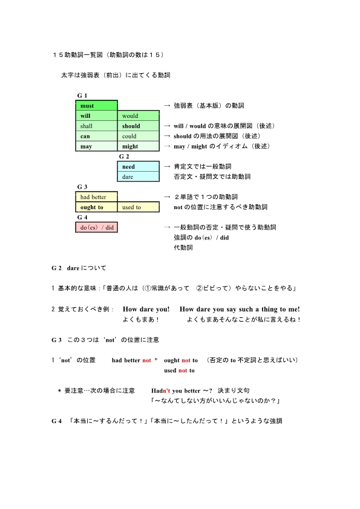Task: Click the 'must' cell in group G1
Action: click(97, 106)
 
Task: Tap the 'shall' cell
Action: click(97, 126)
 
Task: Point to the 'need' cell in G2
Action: click(138, 167)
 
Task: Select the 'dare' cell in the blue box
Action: click(138, 177)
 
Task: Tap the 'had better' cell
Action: click(97, 197)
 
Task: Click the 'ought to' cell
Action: click(97, 207)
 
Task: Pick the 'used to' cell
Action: click(138, 207)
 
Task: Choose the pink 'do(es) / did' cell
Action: click(97, 227)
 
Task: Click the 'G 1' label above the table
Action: click(82, 96)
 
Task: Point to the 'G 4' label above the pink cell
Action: click(82, 217)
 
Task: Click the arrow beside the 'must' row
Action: click(167, 106)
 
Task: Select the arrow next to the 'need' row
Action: click(167, 166)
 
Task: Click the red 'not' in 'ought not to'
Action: click(186, 360)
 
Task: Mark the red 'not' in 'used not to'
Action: click(183, 371)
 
